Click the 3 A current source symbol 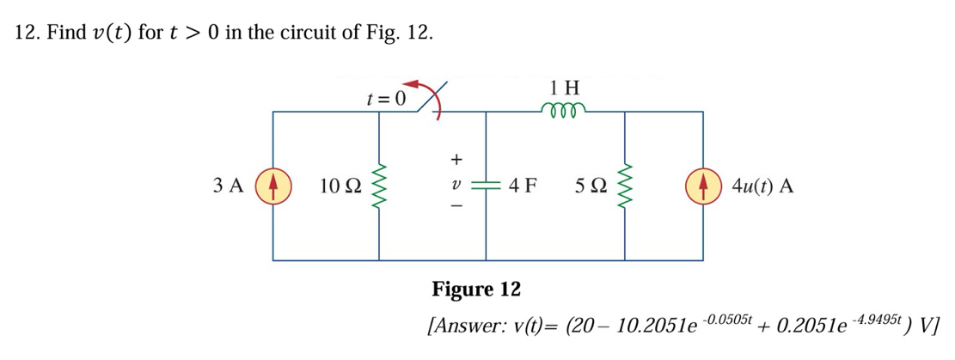point(272,186)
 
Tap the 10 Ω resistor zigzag point(377,186)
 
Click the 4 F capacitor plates point(487,186)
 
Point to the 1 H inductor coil point(564,109)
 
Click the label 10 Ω point(338,186)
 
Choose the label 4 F point(523,186)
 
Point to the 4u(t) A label point(762,186)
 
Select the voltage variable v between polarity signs point(456,185)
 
